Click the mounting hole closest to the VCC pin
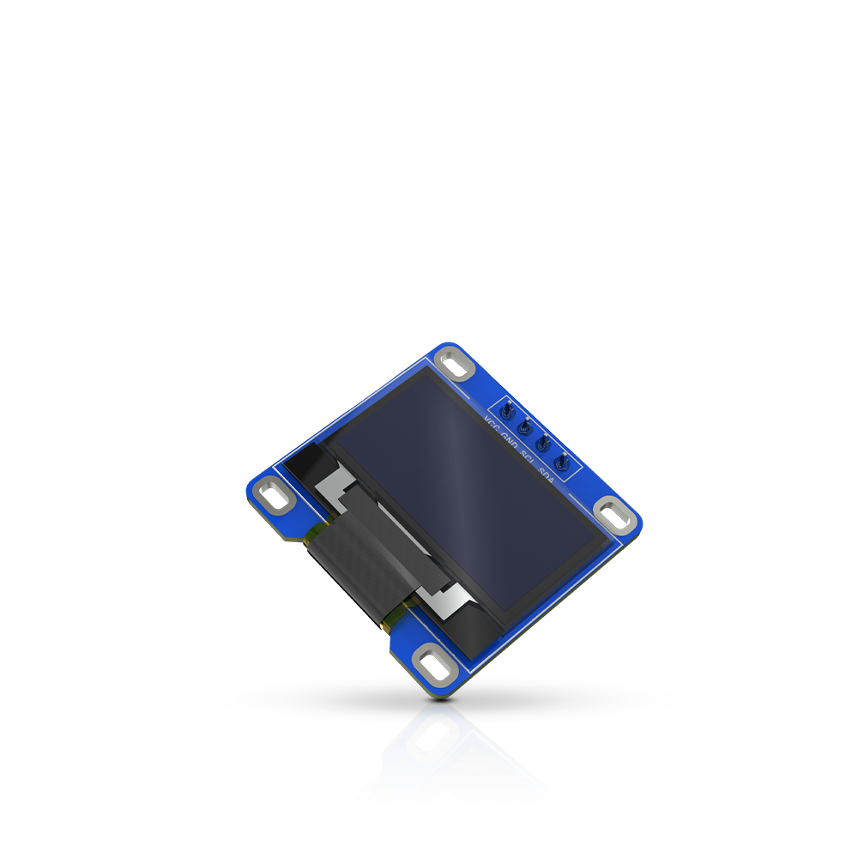455,366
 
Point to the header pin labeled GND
524,426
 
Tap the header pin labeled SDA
562,462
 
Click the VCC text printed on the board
492,425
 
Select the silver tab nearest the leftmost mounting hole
335,484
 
